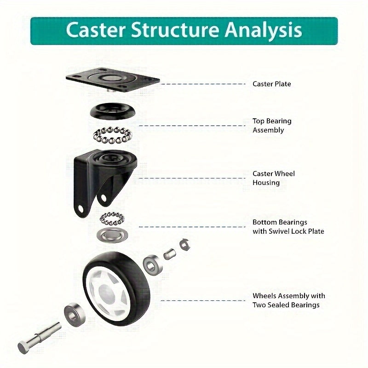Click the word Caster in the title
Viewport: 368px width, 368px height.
pyautogui.click(x=94, y=30)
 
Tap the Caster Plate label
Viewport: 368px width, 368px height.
pyautogui.click(x=271, y=84)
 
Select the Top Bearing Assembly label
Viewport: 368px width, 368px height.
pyautogui.click(x=272, y=126)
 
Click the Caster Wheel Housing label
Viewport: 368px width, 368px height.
pyautogui.click(x=273, y=178)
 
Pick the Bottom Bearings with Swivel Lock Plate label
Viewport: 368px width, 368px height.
pyautogui.click(x=288, y=227)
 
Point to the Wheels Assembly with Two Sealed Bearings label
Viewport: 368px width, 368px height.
pyautogui.click(x=288, y=300)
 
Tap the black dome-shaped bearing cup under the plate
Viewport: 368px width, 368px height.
pyautogui.click(x=109, y=111)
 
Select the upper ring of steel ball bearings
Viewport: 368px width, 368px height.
pyautogui.click(x=112, y=135)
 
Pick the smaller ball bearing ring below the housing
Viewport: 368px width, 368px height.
pyautogui.click(x=113, y=217)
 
